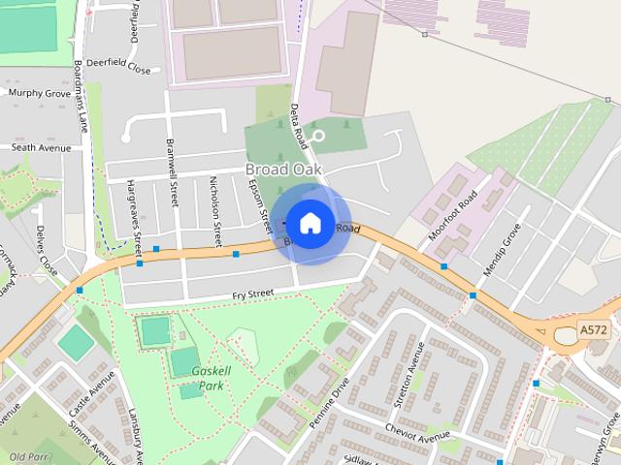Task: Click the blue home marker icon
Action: [x=310, y=223]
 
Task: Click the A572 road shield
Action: [x=593, y=330]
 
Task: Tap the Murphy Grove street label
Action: [x=40, y=93]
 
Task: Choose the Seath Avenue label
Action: [x=42, y=147]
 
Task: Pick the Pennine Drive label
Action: [x=327, y=398]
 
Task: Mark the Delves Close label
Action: [x=46, y=252]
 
